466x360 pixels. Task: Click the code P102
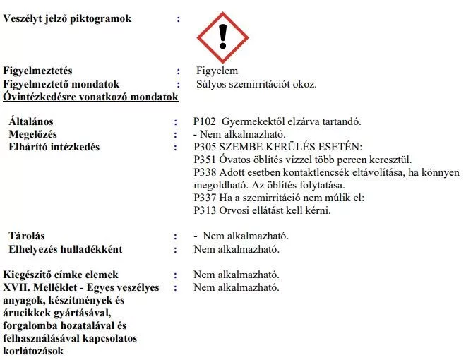coord(205,121)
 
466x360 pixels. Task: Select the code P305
coord(205,147)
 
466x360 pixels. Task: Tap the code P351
coord(205,160)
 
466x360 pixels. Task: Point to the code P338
coord(205,172)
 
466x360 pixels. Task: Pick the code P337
coord(205,198)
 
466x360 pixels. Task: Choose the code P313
coord(205,210)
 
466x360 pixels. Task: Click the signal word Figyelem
coord(217,71)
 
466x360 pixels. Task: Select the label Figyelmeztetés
coord(38,71)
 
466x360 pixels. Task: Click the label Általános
coord(31,121)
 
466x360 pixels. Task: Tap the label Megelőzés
coord(32,134)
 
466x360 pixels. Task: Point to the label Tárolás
coord(27,236)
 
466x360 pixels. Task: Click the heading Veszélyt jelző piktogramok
coord(67,19)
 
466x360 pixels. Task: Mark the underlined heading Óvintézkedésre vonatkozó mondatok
coord(90,97)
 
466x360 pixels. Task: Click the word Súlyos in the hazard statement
coord(211,84)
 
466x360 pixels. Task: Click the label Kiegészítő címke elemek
coord(61,275)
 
